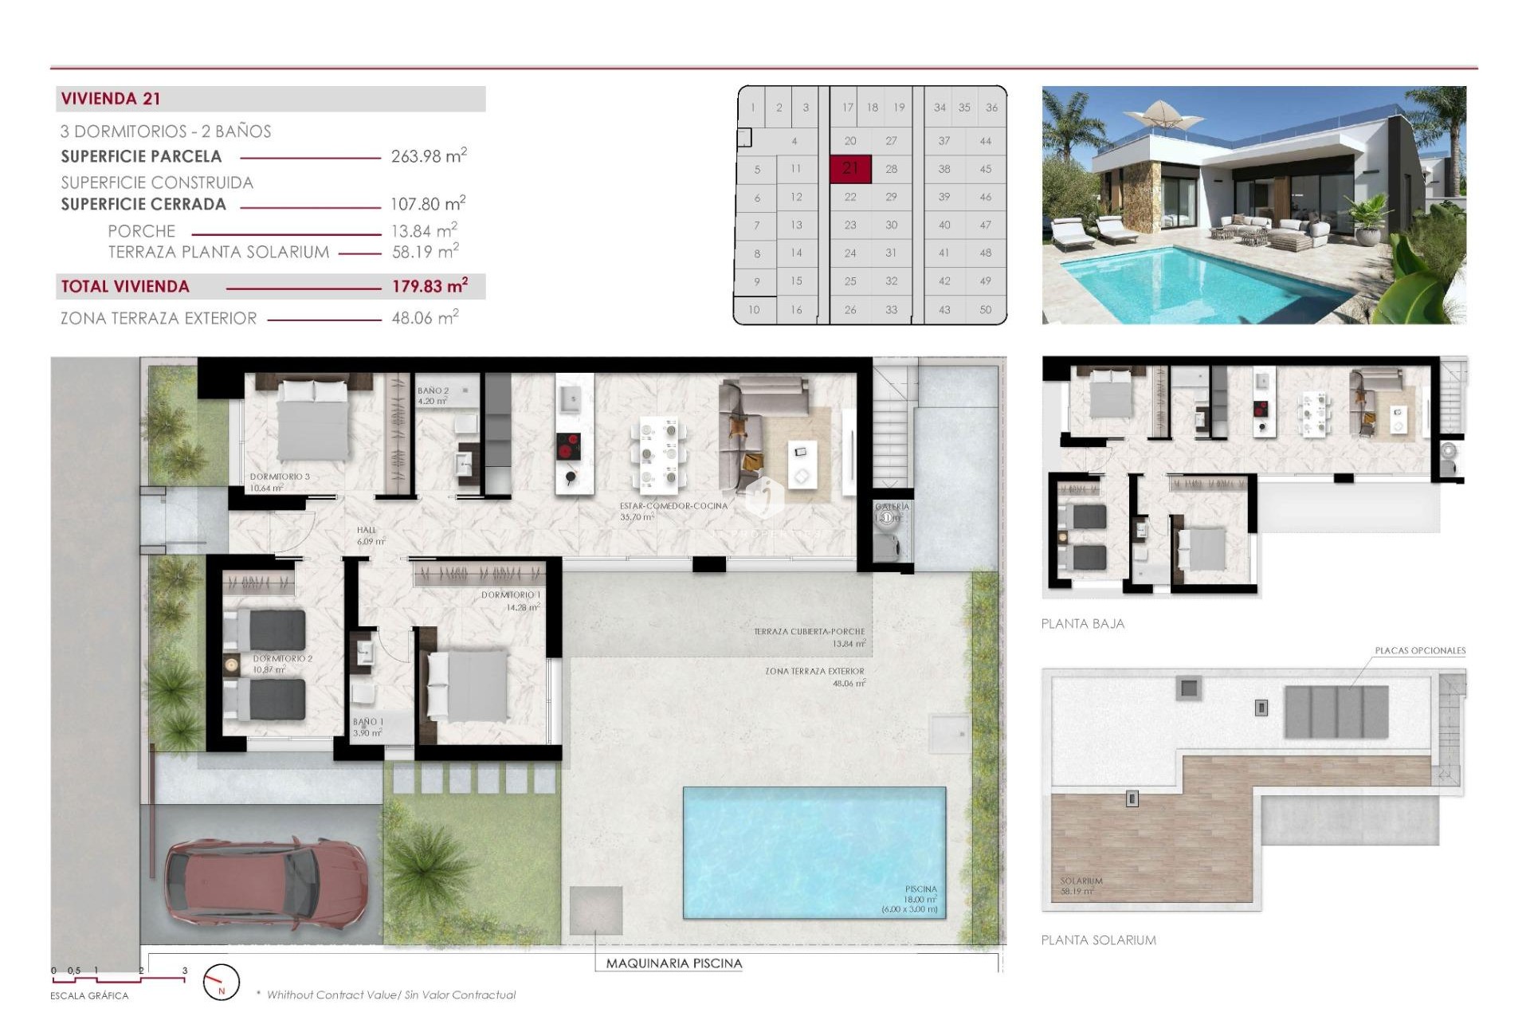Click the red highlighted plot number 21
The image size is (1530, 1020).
pos(850,168)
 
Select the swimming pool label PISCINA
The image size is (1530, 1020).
pos(920,889)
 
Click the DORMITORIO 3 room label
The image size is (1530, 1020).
pos(280,477)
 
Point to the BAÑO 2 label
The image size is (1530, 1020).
pos(433,390)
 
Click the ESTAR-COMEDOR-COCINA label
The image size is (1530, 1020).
pos(673,506)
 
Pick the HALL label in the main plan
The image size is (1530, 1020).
pos(367,530)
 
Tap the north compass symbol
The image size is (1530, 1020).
pos(221,983)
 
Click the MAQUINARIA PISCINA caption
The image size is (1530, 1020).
pos(673,963)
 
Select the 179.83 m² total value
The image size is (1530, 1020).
pos(429,286)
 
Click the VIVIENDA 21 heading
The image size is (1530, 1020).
pos(111,99)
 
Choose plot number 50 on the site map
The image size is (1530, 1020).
pos(985,309)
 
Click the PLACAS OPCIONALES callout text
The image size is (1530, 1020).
pos(1420,650)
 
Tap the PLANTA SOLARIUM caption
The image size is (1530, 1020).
pos(1098,940)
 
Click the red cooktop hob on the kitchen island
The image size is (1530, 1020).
pos(568,447)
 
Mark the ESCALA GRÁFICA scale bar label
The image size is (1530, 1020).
pos(89,995)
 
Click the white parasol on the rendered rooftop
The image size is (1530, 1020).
pos(1161,113)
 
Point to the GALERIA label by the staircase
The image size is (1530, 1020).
pos(892,507)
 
